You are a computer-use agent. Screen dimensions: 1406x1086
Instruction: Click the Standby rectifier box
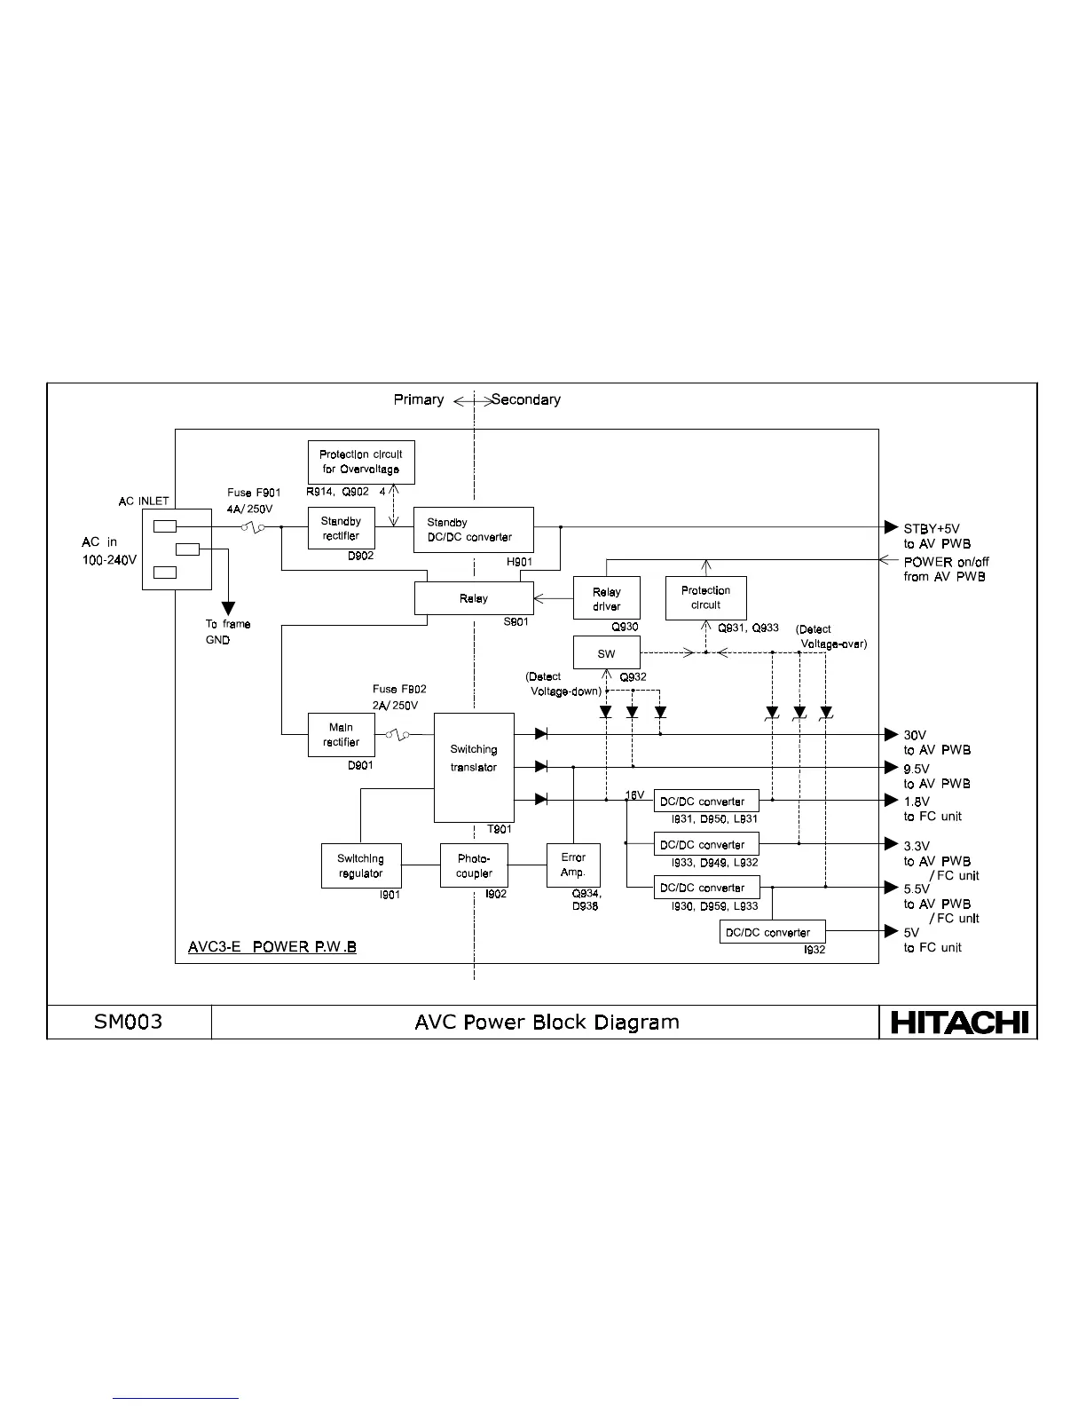342,528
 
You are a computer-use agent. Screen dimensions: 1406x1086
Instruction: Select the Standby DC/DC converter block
473,530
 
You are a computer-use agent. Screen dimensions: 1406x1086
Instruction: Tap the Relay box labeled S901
474,598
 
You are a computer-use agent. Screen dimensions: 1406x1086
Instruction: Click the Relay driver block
606,599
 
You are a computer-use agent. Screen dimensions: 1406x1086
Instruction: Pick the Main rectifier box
341,735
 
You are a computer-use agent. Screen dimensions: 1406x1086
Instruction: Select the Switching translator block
474,767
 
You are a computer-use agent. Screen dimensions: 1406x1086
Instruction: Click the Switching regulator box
360,865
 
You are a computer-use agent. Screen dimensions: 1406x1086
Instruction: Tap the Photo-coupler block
474,865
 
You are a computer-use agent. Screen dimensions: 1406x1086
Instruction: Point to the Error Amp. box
573,865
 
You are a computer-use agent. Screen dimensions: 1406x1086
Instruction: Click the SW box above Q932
606,653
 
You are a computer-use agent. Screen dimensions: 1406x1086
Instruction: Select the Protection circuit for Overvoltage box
361,462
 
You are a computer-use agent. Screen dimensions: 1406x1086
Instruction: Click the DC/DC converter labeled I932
772,932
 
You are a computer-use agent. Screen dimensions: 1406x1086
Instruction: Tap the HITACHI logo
958,1023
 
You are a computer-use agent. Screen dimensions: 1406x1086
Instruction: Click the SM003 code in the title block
129,1022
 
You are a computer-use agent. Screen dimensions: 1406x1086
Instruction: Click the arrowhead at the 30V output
892,734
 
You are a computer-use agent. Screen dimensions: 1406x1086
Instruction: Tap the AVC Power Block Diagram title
547,1022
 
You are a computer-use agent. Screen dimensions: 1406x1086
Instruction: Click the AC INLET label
144,502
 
